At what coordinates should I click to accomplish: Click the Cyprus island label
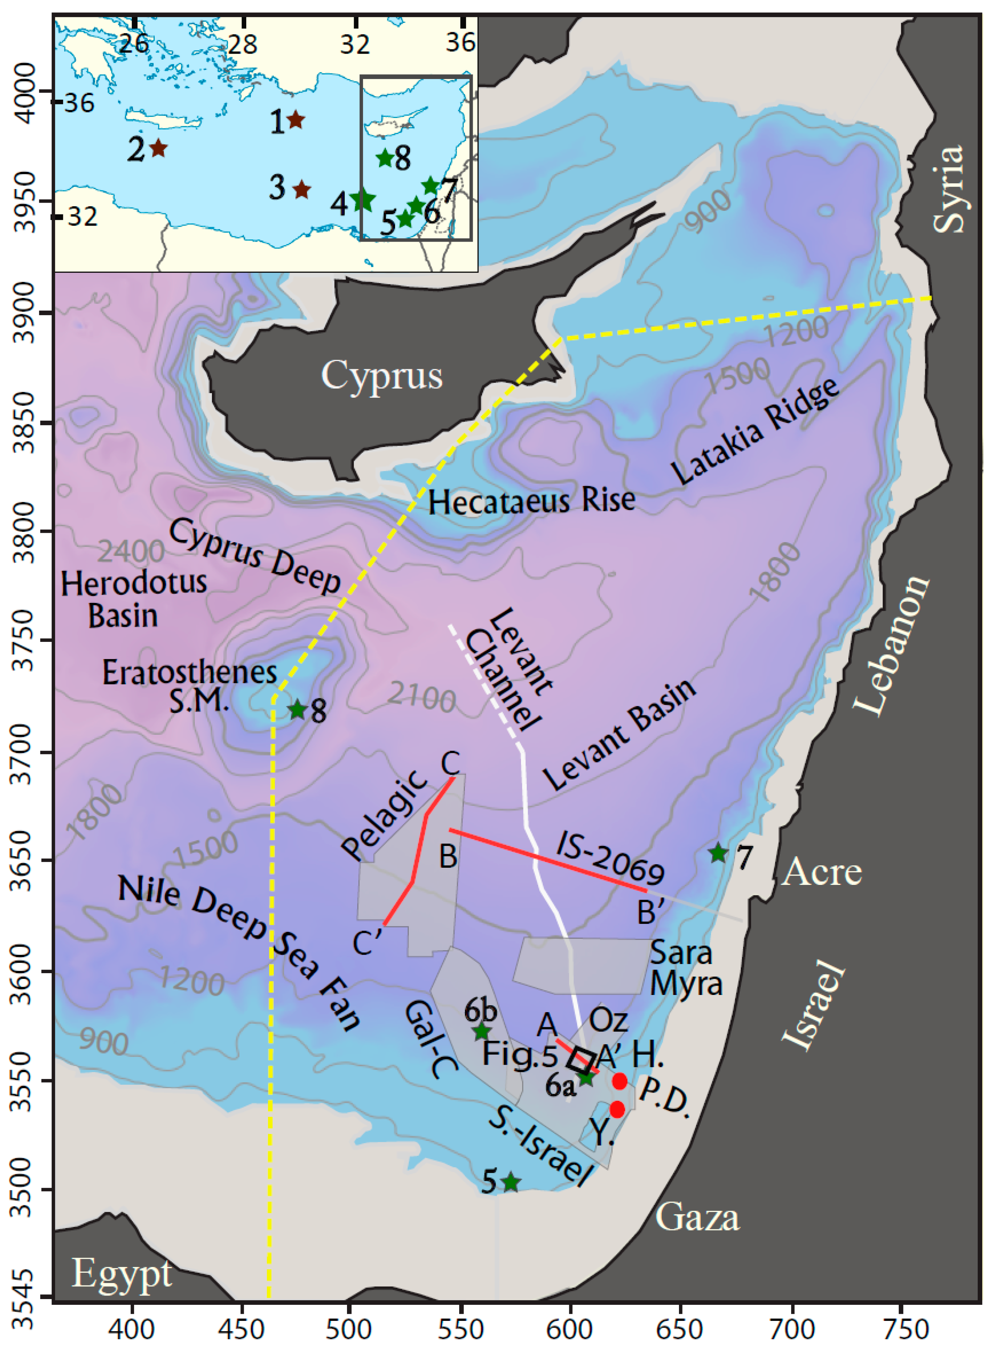point(382,376)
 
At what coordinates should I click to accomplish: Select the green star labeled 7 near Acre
point(718,853)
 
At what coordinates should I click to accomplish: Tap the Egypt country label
point(121,1274)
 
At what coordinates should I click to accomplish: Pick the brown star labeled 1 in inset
point(296,119)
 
